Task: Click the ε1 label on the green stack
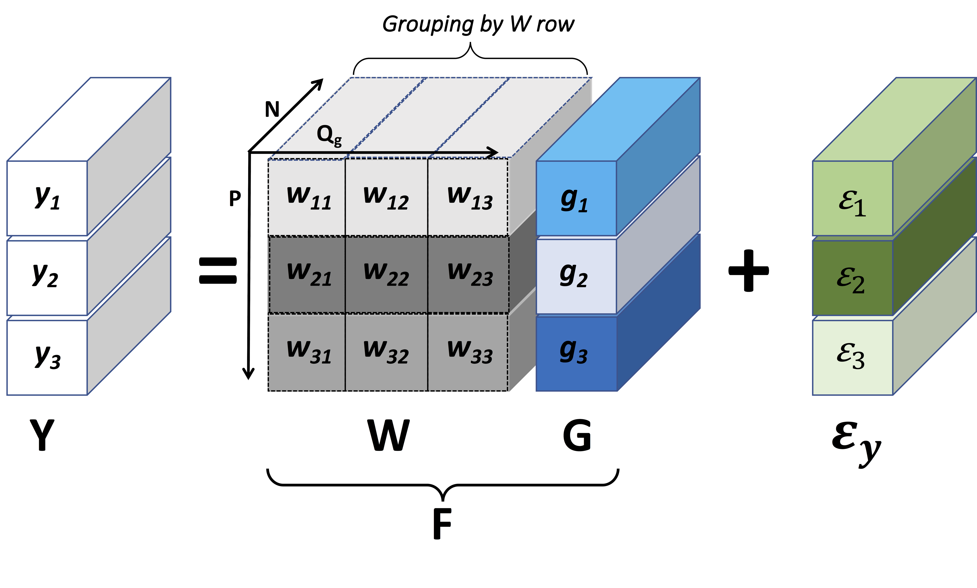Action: pos(852,203)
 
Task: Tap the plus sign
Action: pos(748,271)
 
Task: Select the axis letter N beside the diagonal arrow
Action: pos(272,109)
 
